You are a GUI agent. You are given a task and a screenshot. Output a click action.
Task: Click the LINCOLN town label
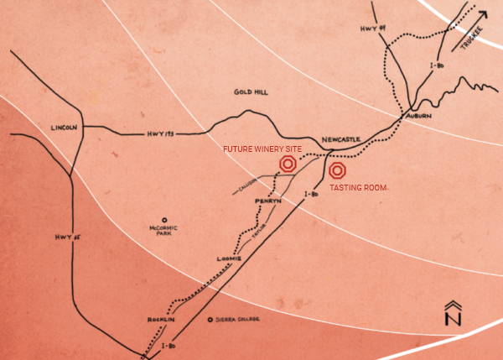64,128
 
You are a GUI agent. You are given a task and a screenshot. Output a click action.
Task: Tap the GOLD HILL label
251,91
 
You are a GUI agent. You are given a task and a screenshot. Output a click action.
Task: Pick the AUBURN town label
417,116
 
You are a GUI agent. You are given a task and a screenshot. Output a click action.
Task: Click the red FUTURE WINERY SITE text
261,149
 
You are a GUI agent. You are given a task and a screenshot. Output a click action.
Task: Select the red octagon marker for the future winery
288,164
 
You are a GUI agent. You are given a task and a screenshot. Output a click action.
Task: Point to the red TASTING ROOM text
358,189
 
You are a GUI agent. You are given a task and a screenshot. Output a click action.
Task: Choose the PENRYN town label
268,202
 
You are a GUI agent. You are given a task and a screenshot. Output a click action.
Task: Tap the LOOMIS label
229,258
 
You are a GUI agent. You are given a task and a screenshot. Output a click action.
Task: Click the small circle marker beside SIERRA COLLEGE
209,320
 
